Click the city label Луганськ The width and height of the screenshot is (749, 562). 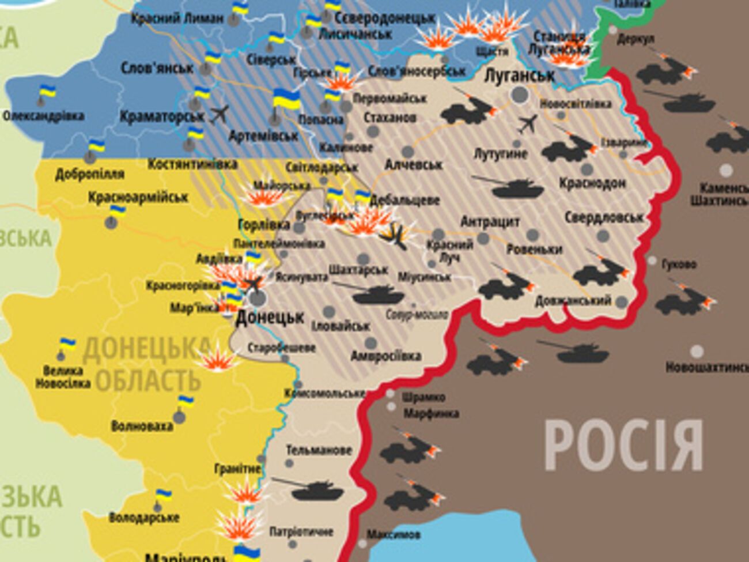tap(520, 76)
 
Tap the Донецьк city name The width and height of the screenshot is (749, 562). tap(270, 318)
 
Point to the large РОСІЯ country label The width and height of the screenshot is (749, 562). tap(623, 445)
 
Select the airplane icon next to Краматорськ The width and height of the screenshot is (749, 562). tap(220, 114)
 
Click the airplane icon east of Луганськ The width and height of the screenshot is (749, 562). tap(528, 123)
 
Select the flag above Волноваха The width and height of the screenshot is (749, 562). tap(185, 402)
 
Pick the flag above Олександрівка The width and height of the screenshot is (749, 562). tap(46, 92)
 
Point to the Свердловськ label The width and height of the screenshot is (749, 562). tap(603, 217)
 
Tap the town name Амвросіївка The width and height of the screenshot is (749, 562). tap(385, 356)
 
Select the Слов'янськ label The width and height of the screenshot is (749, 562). tap(157, 68)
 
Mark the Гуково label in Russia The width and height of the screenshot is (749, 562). tap(679, 264)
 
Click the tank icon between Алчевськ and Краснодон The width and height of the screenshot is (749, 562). tap(508, 187)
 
